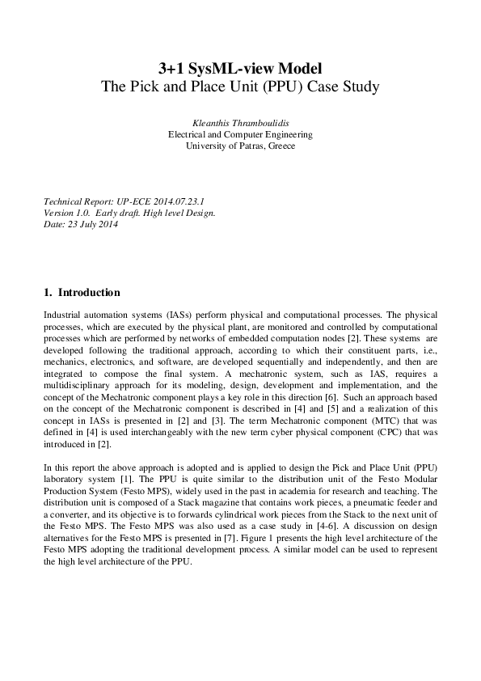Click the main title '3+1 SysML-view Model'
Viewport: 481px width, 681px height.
[240, 67]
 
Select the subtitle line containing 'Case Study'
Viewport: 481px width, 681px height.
[240, 86]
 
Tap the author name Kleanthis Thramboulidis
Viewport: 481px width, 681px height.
[240, 121]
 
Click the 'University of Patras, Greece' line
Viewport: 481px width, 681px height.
[240, 146]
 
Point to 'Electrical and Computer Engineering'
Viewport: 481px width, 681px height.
[240, 133]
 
